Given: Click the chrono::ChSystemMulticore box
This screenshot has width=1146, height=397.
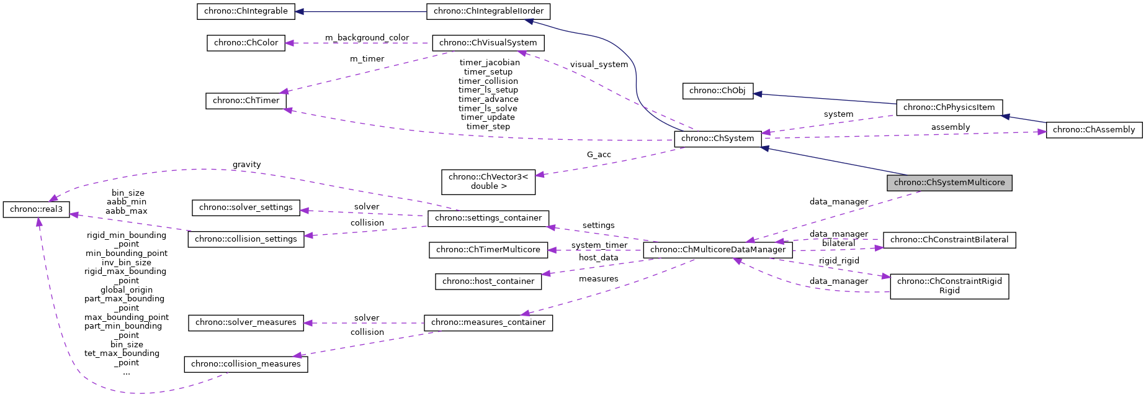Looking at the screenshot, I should [x=949, y=183].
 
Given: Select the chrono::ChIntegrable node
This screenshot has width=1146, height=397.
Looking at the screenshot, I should [x=246, y=11].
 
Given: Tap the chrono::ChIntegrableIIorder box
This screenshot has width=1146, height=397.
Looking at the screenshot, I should [x=488, y=11].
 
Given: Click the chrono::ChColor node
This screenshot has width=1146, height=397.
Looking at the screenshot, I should [x=246, y=43].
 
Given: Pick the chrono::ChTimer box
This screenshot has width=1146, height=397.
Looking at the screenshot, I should [x=246, y=101].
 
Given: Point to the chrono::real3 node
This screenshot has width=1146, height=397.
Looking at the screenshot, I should [x=36, y=209].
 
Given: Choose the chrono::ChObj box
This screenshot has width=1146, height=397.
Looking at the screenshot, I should [x=717, y=91].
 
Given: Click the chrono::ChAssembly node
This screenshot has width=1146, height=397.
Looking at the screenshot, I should [x=1093, y=130].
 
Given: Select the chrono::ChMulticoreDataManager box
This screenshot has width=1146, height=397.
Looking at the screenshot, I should [x=717, y=250].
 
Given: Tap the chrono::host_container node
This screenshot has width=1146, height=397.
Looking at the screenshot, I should [x=488, y=281].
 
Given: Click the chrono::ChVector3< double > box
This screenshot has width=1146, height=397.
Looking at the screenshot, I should [x=488, y=181].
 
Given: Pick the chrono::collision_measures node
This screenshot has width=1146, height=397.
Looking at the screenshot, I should [x=246, y=364].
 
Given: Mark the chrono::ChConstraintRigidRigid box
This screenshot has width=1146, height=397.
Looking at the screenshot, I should [x=949, y=286].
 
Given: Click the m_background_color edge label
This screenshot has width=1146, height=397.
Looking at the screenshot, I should [x=367, y=38].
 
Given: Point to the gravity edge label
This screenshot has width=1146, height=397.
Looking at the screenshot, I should [x=246, y=165].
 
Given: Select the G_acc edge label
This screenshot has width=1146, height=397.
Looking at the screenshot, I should [x=599, y=155].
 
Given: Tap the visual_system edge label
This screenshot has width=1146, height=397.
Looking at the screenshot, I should [x=599, y=65].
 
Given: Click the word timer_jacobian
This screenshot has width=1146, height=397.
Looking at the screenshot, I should [x=489, y=62].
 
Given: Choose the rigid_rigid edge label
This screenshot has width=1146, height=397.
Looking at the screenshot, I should [x=838, y=261].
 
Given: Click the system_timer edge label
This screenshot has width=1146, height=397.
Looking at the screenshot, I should [x=599, y=245].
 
